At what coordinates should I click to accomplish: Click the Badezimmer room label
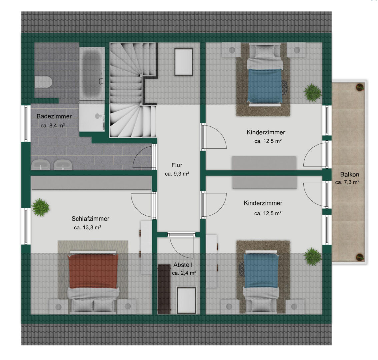54,116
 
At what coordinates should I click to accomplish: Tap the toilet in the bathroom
43,82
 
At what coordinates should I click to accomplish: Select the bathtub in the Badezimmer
92,73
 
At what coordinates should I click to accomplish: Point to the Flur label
177,165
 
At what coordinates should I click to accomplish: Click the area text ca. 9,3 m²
177,174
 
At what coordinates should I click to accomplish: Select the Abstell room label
183,265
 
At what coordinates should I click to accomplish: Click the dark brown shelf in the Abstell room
164,289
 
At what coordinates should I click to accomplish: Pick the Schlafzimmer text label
90,219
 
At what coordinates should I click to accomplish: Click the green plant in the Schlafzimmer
41,207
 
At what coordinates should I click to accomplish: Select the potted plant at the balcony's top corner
360,87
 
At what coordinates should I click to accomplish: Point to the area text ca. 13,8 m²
88,227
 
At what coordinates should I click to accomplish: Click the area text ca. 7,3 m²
347,182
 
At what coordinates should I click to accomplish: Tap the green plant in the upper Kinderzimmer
313,93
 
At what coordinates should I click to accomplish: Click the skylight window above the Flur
184,62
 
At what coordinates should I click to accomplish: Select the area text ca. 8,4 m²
53,125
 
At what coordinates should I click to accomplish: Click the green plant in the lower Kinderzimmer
313,257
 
